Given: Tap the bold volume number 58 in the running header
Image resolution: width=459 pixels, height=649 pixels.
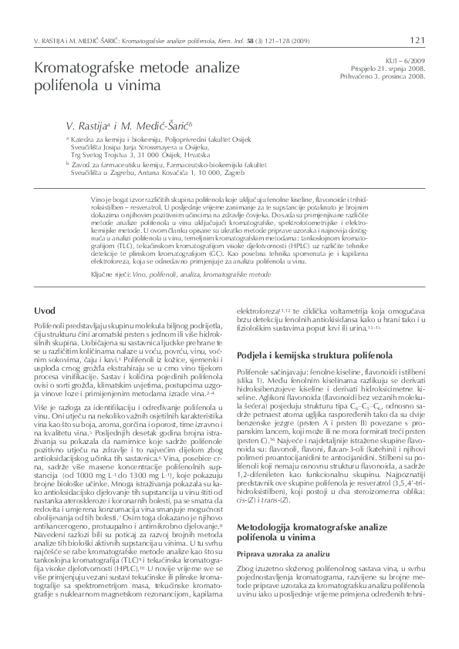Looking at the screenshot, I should (266, 39).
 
